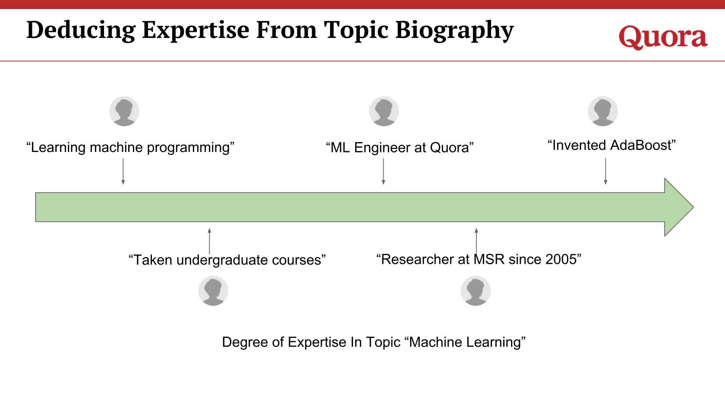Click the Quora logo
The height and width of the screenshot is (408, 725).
point(663,38)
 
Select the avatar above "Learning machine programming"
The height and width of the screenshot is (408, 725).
point(124,111)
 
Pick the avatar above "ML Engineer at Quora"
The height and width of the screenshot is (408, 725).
point(384,111)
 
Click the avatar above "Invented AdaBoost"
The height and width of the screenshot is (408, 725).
point(603,111)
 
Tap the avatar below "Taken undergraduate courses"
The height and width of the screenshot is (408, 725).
point(213,291)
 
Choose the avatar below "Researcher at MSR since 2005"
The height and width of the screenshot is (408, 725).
point(476,291)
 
